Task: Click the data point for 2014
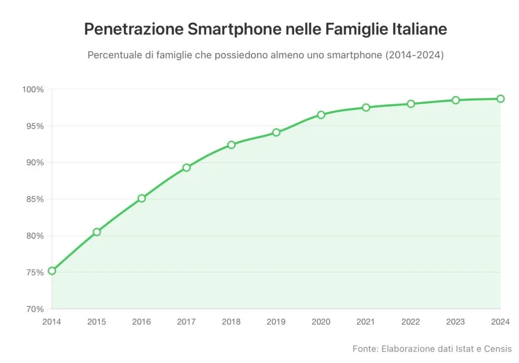point(52,271)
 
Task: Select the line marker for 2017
point(187,168)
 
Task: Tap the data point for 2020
point(321,115)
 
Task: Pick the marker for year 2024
point(500,98)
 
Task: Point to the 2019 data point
point(276,133)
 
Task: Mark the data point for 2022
point(411,104)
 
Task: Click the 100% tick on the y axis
point(33,89)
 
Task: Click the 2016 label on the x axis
point(141,321)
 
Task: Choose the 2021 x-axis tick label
point(365,321)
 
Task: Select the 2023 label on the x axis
point(455,321)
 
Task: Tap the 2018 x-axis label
point(231,321)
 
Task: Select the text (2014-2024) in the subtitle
point(414,55)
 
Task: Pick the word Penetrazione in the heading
point(133,29)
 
